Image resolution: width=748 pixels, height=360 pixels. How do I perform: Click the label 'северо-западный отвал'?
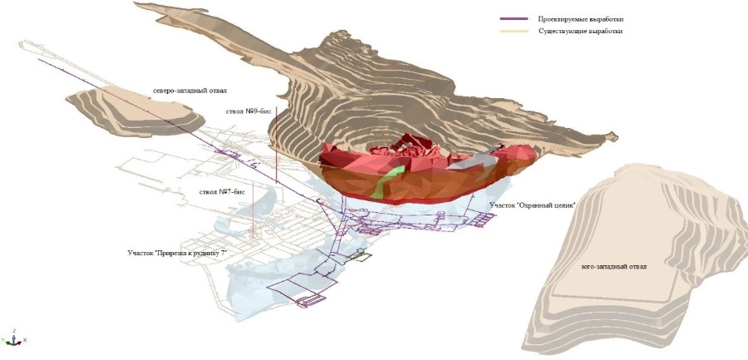(189, 91)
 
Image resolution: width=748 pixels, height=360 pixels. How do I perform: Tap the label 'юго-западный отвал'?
(614, 266)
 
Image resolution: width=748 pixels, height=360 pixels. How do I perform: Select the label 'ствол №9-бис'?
(249, 111)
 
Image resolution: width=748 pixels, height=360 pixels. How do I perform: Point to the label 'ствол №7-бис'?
(222, 192)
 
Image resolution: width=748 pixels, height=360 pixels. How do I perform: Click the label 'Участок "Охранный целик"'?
(533, 205)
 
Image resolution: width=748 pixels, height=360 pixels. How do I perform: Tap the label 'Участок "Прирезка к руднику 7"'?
(176, 253)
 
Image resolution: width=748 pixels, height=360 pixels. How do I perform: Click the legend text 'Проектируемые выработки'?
(581, 20)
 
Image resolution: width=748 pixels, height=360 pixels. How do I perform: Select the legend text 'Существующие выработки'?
(581, 31)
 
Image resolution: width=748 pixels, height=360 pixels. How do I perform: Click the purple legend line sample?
(514, 19)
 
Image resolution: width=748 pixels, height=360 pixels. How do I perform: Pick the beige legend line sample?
(514, 31)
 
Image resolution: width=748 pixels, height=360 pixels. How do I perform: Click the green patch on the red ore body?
(386, 182)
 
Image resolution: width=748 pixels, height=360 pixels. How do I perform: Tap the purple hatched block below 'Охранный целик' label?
(485, 219)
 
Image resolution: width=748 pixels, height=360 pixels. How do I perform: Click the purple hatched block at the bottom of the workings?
(311, 301)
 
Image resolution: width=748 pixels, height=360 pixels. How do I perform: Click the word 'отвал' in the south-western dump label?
(637, 266)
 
